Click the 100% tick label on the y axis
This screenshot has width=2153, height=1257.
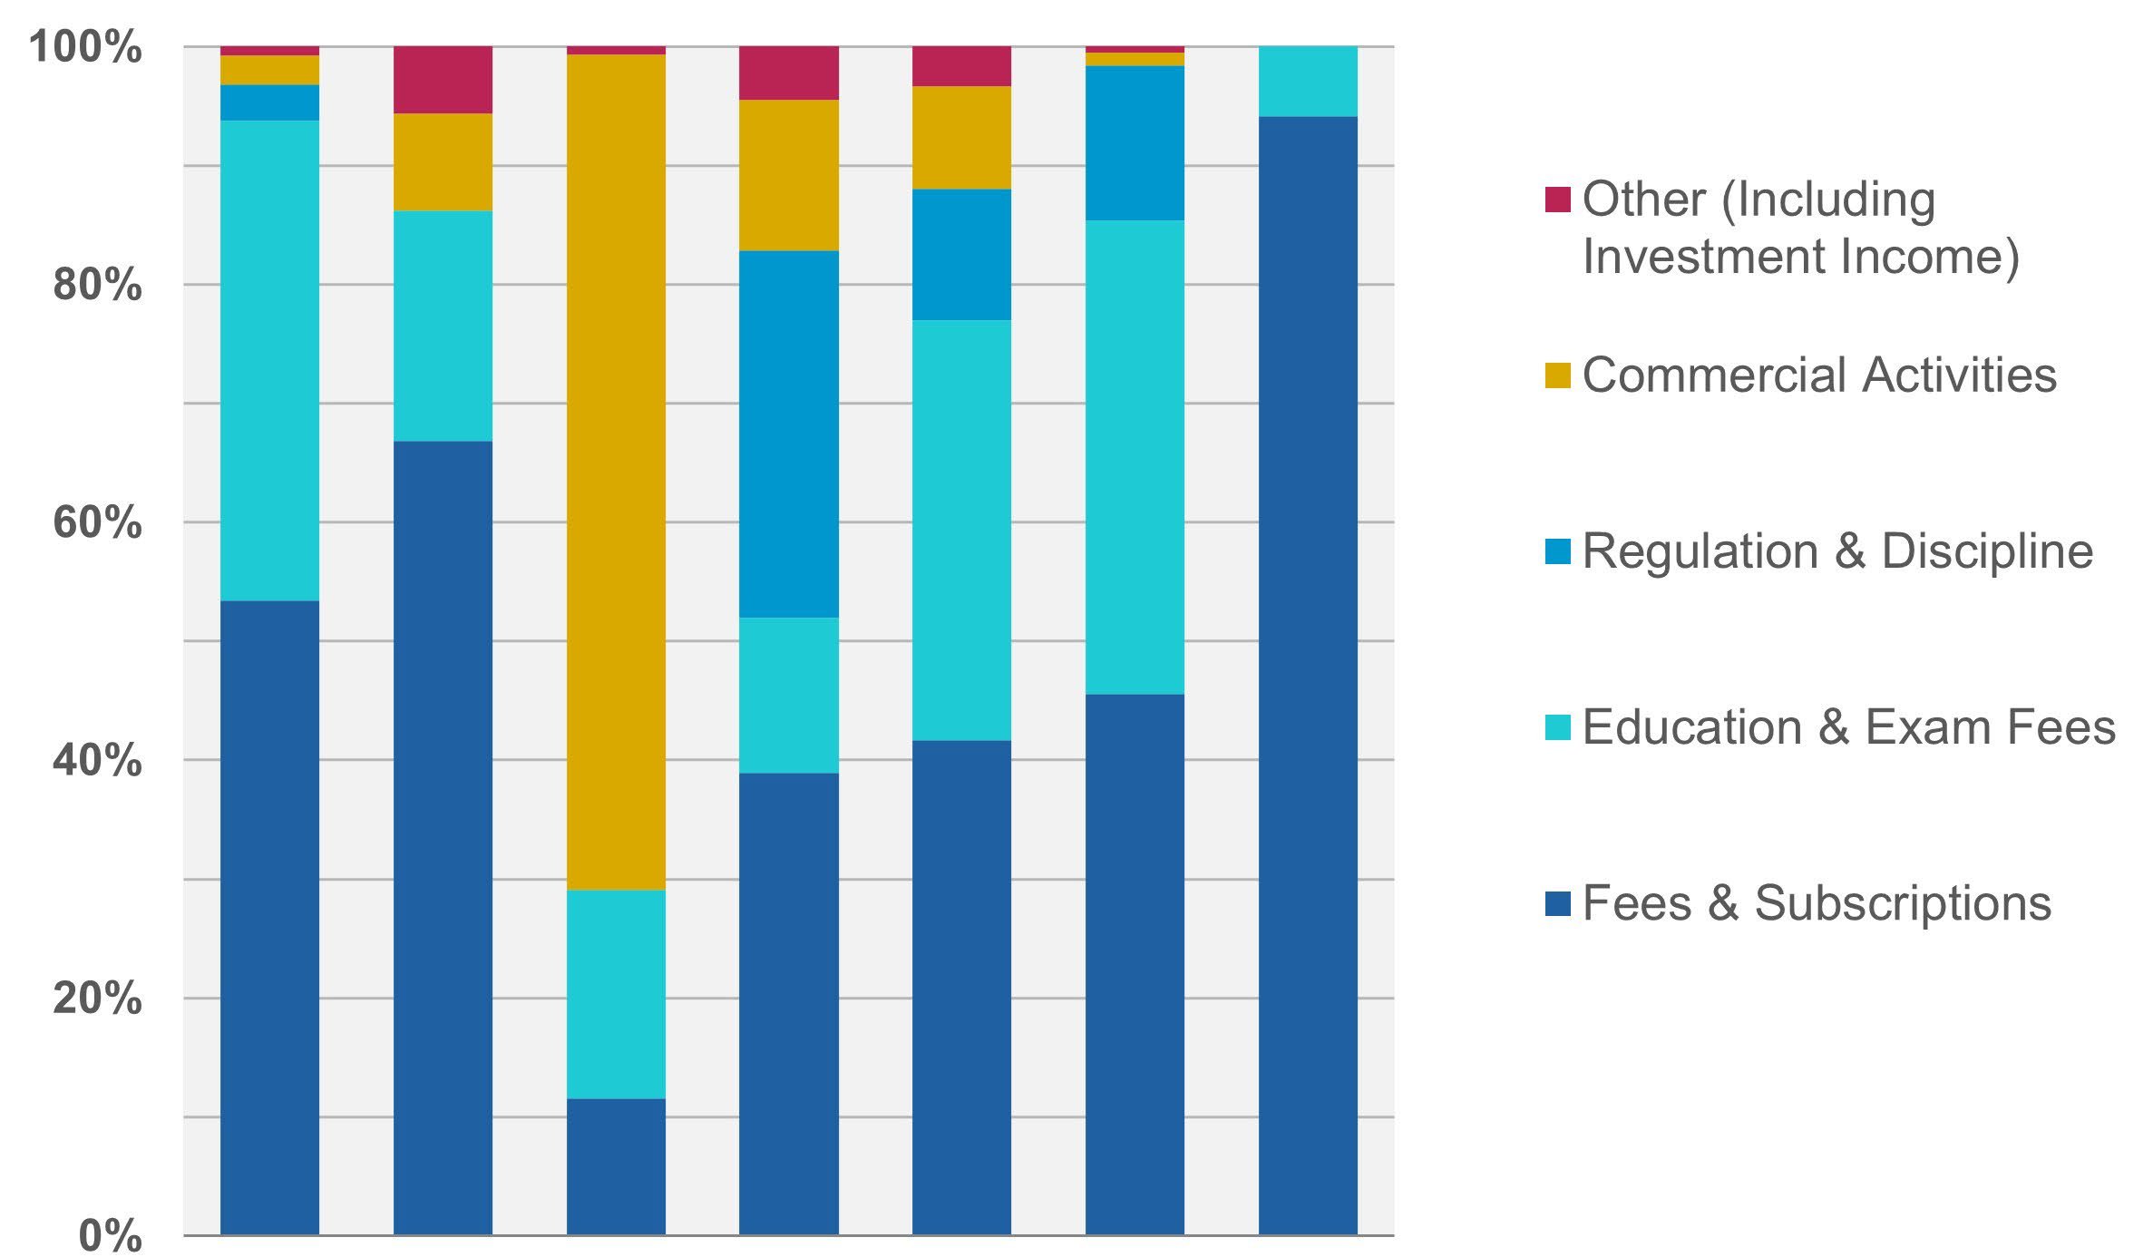click(x=86, y=46)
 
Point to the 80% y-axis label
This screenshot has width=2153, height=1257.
click(x=98, y=285)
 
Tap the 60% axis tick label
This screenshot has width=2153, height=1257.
click(x=98, y=522)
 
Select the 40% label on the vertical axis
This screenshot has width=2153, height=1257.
click(x=98, y=760)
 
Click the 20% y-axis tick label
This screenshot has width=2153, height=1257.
click(x=98, y=998)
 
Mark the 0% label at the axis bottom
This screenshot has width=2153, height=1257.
click(x=111, y=1235)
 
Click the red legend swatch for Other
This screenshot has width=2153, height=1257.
click(x=1557, y=200)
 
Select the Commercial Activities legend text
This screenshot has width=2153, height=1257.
click(x=1818, y=375)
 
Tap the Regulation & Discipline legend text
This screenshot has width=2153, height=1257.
click(x=1836, y=551)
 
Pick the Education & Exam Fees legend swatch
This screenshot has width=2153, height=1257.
click(x=1557, y=726)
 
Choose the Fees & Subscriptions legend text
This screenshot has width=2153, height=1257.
click(x=1816, y=902)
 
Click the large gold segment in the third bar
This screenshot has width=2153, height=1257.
click(x=616, y=472)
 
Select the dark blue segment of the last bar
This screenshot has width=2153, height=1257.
click(x=1308, y=676)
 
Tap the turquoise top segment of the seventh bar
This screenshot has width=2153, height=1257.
click(x=1308, y=81)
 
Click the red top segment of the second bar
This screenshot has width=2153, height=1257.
click(x=443, y=80)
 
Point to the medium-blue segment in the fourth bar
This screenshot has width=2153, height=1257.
click(x=789, y=434)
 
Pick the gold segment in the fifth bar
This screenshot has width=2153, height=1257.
click(x=961, y=137)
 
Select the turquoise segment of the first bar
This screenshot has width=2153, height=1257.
click(x=269, y=360)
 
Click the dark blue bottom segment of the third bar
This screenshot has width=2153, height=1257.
click(x=616, y=1166)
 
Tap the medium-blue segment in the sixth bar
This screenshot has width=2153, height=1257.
click(x=1135, y=142)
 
